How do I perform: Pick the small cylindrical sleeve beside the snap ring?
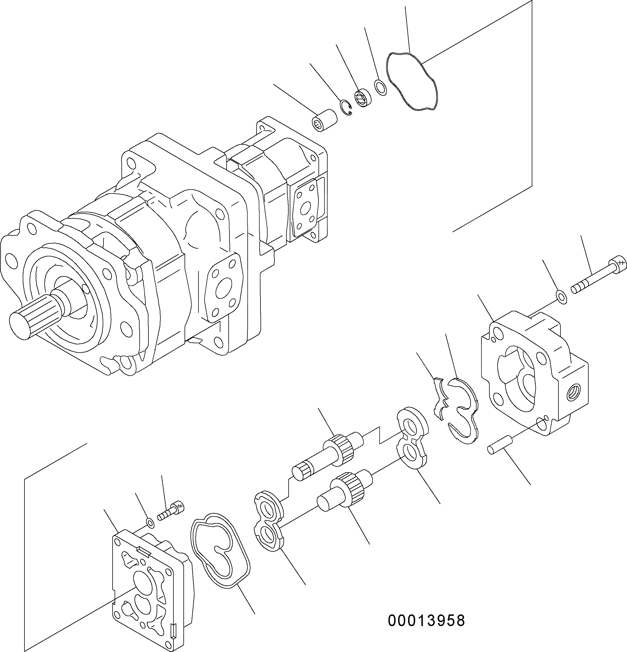pyautogui.click(x=324, y=120)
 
